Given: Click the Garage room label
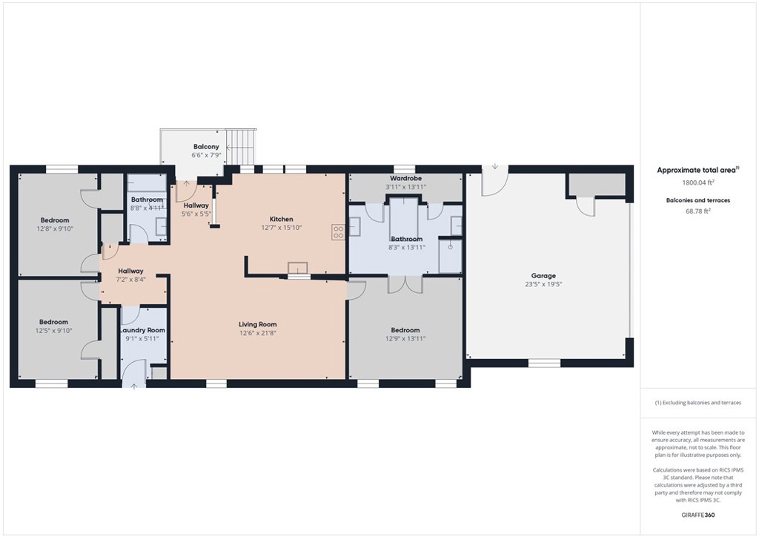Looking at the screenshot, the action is point(543,275).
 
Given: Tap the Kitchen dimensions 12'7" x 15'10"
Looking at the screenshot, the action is point(281,228).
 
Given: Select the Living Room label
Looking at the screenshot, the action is point(257,324).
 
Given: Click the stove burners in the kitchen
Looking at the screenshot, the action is point(338,232).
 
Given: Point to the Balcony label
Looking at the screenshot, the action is point(206,147).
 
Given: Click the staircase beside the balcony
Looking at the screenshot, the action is point(240,147).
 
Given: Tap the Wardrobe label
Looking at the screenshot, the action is point(405,178).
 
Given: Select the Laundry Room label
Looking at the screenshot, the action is point(143,330).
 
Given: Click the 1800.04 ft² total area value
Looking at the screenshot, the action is point(698,182).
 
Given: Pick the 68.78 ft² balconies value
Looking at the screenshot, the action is point(698,211).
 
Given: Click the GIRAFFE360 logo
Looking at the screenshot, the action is point(698,515).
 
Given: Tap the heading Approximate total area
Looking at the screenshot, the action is point(696,171).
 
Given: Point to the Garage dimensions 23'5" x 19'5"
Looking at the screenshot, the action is point(543,284).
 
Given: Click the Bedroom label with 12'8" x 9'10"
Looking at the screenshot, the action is point(55,220).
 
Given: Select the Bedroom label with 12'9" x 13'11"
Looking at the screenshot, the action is point(405,330).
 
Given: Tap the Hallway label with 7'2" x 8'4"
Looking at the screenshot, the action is point(130,271).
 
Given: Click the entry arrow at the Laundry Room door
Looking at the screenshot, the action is point(133,386).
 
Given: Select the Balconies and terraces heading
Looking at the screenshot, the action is point(698,200).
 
